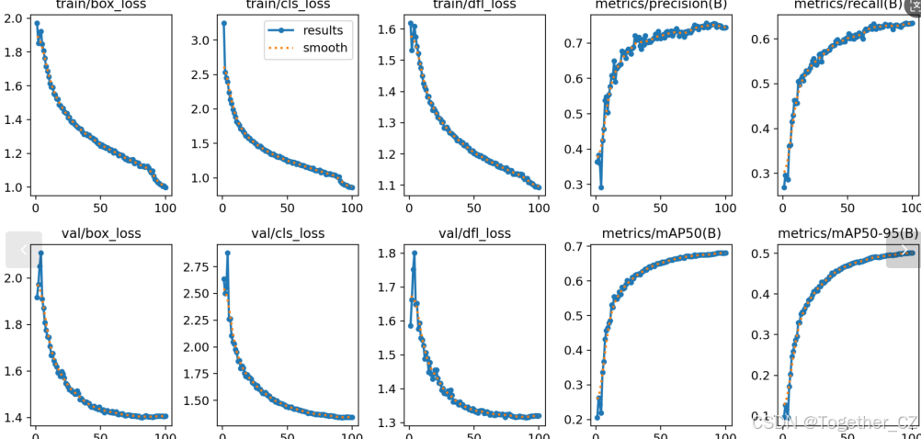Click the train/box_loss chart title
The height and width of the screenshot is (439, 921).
pyautogui.click(x=100, y=6)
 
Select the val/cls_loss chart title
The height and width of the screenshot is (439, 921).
pyautogui.click(x=287, y=233)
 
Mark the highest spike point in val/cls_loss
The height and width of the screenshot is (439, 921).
pyautogui.click(x=227, y=253)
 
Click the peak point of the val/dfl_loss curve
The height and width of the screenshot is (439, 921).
pyautogui.click(x=415, y=253)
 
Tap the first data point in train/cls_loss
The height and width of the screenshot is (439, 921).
pyautogui.click(x=224, y=23)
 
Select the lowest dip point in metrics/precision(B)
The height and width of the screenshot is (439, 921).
pyautogui.click(x=601, y=187)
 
